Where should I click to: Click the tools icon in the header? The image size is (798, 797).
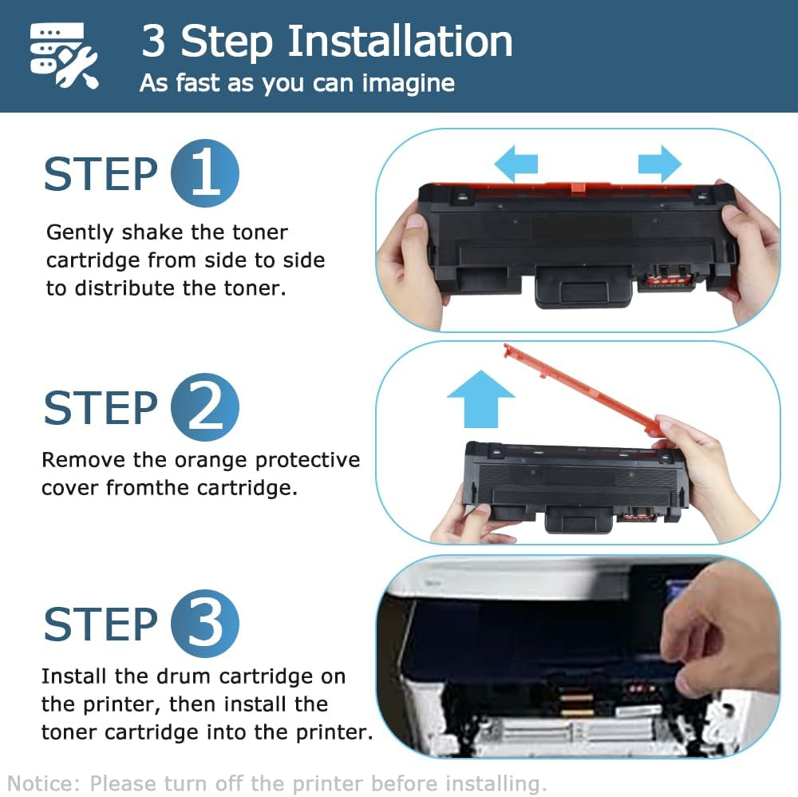(x=64, y=56)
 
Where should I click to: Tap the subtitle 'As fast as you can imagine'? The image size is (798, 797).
(x=297, y=83)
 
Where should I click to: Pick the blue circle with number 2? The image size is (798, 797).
(x=205, y=407)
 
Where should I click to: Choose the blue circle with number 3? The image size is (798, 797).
(x=205, y=624)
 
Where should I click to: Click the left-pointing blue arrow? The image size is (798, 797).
(x=516, y=164)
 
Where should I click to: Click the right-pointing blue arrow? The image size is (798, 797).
(x=660, y=164)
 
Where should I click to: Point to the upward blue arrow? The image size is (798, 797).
(x=480, y=401)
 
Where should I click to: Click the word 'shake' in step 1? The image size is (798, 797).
(x=152, y=233)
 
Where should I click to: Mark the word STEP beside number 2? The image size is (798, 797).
(x=101, y=408)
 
